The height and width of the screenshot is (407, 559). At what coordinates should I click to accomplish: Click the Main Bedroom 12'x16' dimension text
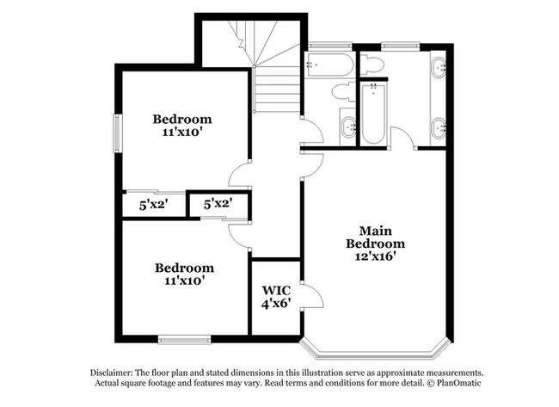tap(376, 256)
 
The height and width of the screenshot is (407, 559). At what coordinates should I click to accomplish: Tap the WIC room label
tap(276, 290)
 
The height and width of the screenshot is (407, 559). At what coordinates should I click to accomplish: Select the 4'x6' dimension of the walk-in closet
tap(276, 304)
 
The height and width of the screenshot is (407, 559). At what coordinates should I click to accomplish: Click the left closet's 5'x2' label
tap(153, 205)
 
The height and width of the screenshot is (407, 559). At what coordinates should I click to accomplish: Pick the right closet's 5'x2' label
tap(218, 204)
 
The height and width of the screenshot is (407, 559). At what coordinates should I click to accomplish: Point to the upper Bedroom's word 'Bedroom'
tap(182, 119)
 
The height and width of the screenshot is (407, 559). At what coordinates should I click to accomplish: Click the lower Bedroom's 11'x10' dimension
tap(184, 281)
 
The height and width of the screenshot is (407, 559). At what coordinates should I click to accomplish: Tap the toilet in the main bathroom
tap(372, 65)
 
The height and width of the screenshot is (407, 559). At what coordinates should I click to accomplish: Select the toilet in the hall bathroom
tap(343, 92)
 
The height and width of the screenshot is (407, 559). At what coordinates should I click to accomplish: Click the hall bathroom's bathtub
tap(329, 65)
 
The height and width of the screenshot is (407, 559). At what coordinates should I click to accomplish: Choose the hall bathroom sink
tap(348, 126)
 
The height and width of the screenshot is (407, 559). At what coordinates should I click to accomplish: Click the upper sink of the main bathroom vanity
tap(439, 66)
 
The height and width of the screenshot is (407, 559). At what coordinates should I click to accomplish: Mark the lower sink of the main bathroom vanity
tap(439, 127)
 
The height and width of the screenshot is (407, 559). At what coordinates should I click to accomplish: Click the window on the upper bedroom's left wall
tap(118, 133)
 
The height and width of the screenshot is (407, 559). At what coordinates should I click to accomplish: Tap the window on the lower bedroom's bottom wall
tap(184, 339)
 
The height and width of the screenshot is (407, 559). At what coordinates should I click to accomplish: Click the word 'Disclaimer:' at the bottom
tap(112, 373)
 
